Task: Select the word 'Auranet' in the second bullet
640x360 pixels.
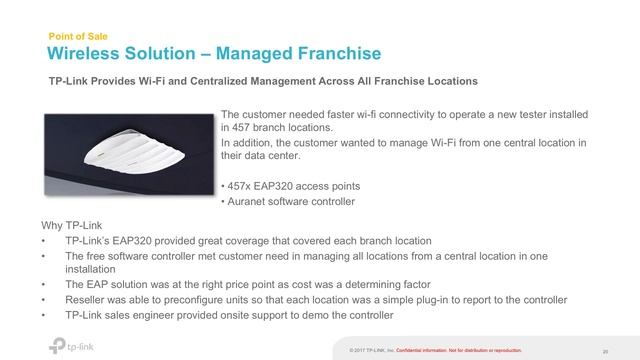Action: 248,202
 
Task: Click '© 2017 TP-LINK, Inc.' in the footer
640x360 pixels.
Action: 372,350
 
